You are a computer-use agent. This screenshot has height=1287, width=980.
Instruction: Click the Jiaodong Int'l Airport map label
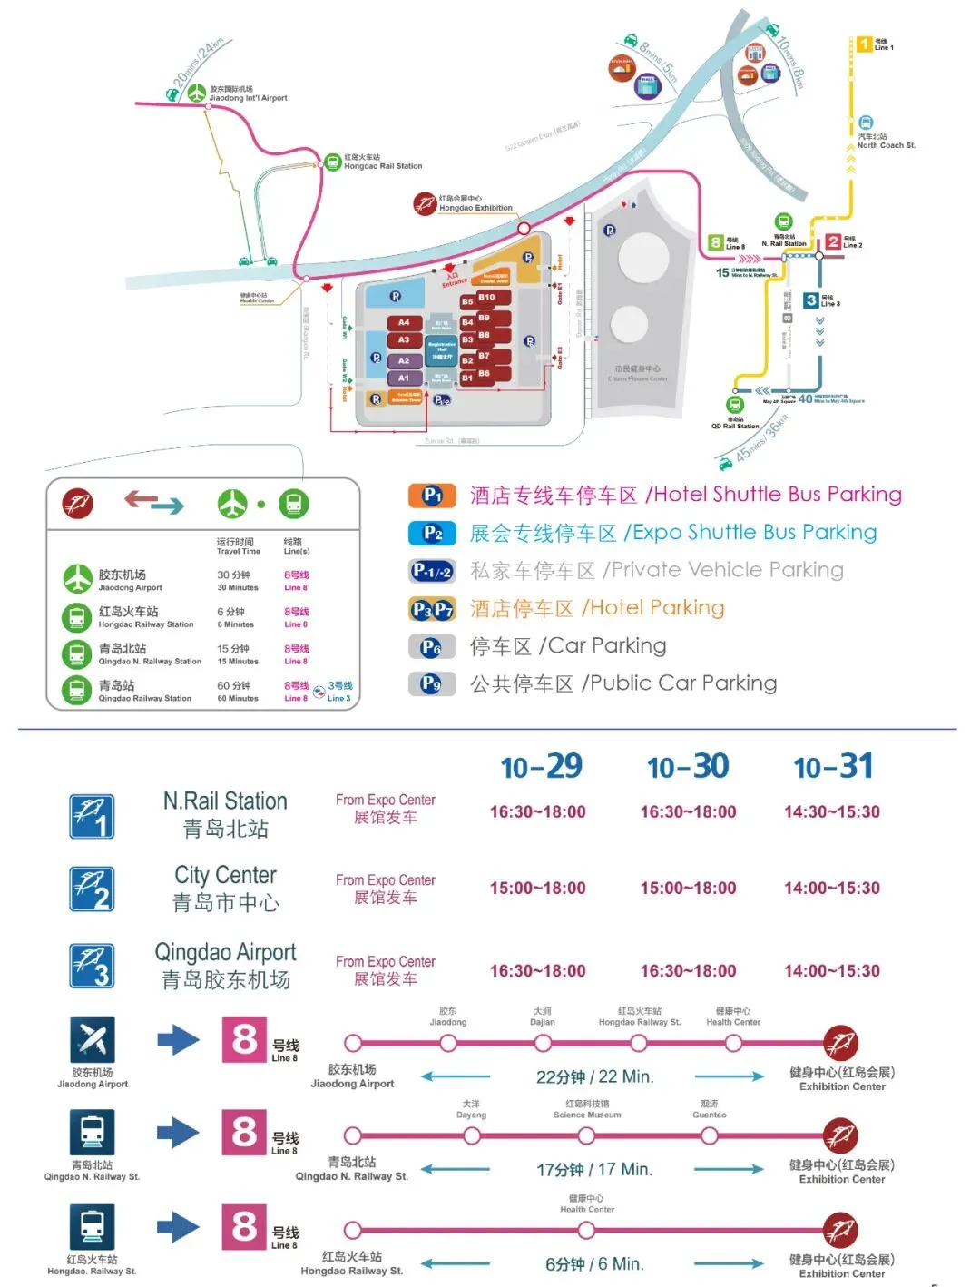(248, 94)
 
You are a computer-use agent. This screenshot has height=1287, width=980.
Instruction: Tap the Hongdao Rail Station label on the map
(382, 162)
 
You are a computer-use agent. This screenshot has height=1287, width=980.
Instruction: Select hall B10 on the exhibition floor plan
(487, 297)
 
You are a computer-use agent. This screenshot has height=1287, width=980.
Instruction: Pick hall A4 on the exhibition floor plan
(404, 322)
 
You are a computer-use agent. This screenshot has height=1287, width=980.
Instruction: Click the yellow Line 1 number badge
(865, 44)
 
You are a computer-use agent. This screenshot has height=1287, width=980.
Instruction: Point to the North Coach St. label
(886, 142)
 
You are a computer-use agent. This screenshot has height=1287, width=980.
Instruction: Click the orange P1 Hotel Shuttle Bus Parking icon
(433, 496)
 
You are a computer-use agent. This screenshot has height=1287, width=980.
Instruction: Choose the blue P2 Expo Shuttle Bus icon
(433, 534)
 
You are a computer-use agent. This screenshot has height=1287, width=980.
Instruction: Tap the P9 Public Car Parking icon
(431, 683)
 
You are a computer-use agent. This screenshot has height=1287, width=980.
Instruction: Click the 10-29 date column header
(542, 767)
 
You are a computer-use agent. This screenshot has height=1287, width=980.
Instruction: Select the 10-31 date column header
(832, 767)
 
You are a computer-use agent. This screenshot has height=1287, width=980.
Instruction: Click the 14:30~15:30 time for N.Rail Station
(832, 812)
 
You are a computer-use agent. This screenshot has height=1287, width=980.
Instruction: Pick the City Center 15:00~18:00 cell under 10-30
(688, 889)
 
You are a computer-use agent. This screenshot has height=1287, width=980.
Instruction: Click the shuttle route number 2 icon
(93, 889)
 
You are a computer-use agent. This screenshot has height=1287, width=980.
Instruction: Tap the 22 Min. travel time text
(595, 1077)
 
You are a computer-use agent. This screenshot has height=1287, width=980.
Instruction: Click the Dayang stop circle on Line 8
(471, 1135)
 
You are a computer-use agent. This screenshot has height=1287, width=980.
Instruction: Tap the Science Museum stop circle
(587, 1135)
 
